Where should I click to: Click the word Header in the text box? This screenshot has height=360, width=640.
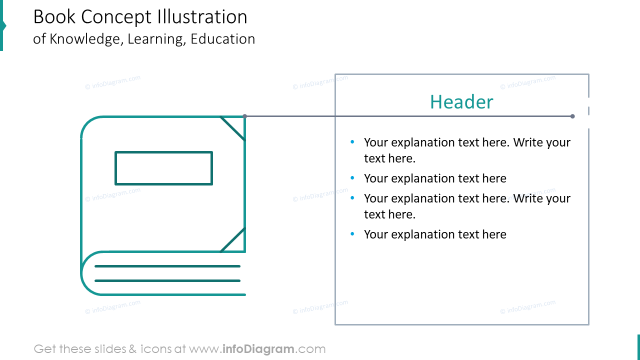[461, 102]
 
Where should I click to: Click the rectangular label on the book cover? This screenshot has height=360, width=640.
[163, 168]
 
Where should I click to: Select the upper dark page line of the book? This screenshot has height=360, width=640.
[167, 266]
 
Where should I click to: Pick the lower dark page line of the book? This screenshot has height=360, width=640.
[167, 280]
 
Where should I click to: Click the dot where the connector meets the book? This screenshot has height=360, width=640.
[244, 116]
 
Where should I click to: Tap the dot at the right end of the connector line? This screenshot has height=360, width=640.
[572, 116]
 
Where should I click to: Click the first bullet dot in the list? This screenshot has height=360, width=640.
[352, 142]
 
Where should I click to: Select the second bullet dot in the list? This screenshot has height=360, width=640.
[352, 178]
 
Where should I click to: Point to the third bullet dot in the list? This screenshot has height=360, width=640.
[352, 198]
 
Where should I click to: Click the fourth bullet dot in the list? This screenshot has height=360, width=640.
[352, 234]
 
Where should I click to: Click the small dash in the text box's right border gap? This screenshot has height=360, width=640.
[588, 110]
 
